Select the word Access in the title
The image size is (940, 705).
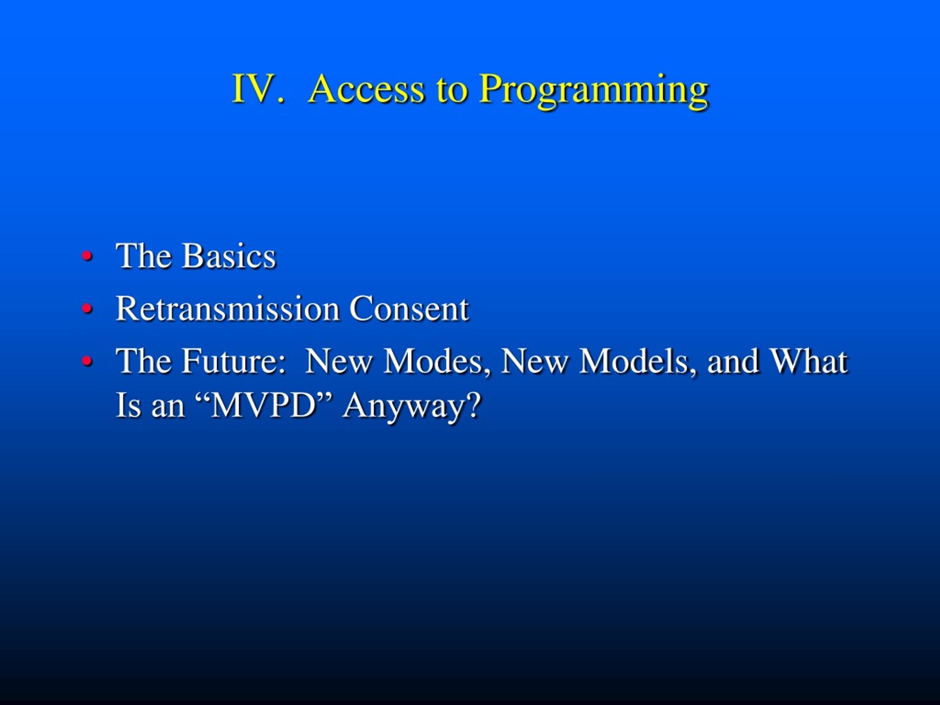click(x=366, y=89)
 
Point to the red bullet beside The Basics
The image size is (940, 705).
click(x=87, y=256)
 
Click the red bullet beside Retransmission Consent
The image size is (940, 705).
click(x=87, y=308)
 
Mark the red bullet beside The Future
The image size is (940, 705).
click(x=87, y=361)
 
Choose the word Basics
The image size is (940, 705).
click(x=229, y=256)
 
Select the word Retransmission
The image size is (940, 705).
click(x=227, y=308)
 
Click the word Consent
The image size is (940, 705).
click(x=409, y=308)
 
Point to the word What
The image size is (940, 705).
click(x=809, y=361)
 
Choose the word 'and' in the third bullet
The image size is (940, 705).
click(x=733, y=361)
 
